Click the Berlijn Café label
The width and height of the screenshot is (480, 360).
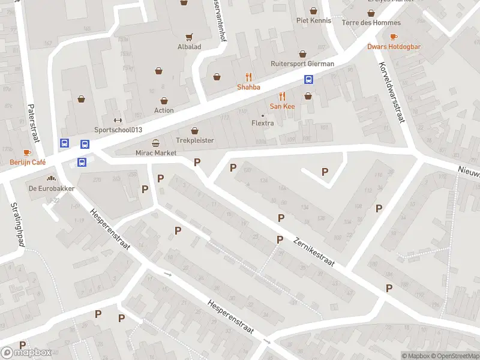(28, 162)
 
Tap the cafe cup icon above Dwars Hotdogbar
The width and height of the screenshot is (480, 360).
(394, 37)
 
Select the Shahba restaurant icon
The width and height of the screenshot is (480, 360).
(248, 77)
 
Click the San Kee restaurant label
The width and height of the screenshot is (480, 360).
(282, 106)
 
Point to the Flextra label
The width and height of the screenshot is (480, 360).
(262, 124)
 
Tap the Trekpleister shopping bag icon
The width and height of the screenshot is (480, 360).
(194, 130)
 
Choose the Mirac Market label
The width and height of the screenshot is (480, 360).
(156, 153)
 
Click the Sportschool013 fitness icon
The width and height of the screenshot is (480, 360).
(118, 119)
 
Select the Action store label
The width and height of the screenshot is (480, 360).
(164, 110)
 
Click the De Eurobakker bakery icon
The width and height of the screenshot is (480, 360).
(51, 178)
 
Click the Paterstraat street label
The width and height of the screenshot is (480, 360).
(32, 123)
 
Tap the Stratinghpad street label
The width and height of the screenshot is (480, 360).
(16, 224)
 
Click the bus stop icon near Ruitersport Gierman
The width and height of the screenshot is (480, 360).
(309, 79)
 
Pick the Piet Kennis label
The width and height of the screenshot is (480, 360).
(313, 20)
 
